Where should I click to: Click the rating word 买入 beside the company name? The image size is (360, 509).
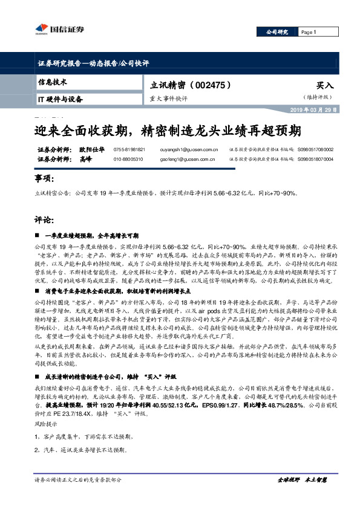[325, 86]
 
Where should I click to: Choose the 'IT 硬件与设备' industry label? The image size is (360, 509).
[60, 99]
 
